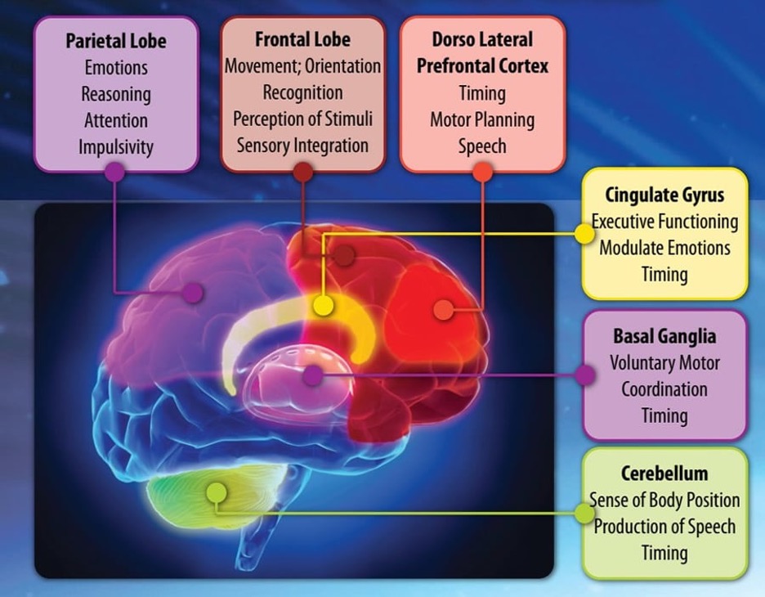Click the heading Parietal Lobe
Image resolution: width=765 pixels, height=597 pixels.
pyautogui.click(x=116, y=41)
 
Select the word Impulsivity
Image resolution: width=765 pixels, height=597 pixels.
pyautogui.click(x=116, y=147)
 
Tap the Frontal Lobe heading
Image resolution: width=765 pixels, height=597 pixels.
pyautogui.click(x=302, y=39)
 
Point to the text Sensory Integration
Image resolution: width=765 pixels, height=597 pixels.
pyautogui.click(x=302, y=146)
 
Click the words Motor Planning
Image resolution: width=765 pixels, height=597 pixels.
pyautogui.click(x=482, y=120)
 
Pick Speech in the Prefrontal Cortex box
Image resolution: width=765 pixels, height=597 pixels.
pyautogui.click(x=482, y=146)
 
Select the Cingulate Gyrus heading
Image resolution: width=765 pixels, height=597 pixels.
pyautogui.click(x=664, y=195)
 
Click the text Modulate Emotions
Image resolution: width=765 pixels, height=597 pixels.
pyautogui.click(x=664, y=248)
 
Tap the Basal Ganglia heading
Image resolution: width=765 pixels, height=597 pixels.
pyautogui.click(x=664, y=336)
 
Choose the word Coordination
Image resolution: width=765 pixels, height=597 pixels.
pyautogui.click(x=664, y=389)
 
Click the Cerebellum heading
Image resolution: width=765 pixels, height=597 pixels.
pyautogui.click(x=664, y=474)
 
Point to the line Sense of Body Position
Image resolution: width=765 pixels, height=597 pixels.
pyautogui.click(x=664, y=500)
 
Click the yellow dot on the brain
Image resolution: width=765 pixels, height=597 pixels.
pyautogui.click(x=323, y=305)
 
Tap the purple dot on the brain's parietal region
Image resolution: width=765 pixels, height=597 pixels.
pyautogui.click(x=193, y=293)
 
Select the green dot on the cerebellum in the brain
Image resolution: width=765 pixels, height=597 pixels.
pyautogui.click(x=217, y=492)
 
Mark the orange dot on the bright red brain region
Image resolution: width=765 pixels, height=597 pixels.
pyautogui.click(x=444, y=310)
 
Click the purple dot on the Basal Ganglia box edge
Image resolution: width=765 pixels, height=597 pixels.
pyautogui.click(x=584, y=375)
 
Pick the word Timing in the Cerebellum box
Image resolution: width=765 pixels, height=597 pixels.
pyautogui.click(x=664, y=553)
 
